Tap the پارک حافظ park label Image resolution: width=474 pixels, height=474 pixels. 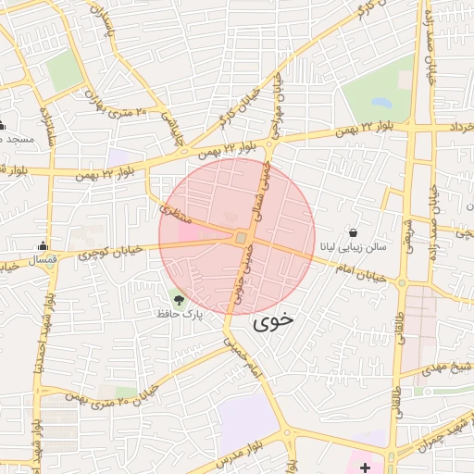(179, 315)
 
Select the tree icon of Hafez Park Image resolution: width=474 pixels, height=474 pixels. (179, 299)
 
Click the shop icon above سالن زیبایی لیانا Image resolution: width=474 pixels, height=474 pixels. (354, 231)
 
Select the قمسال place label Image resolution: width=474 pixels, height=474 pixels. (43, 260)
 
